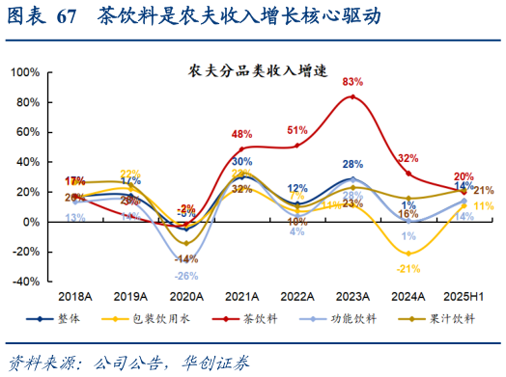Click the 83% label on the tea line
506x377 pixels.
pyautogui.click(x=352, y=82)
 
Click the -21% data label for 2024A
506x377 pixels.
pyautogui.click(x=408, y=268)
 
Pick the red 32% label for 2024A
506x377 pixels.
pyautogui.click(x=408, y=158)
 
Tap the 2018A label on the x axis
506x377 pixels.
pyautogui.click(x=74, y=298)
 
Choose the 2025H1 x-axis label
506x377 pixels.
pyautogui.click(x=464, y=298)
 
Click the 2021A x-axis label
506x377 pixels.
pyautogui.click(x=241, y=298)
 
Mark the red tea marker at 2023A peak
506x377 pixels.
pyautogui.click(x=352, y=96)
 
